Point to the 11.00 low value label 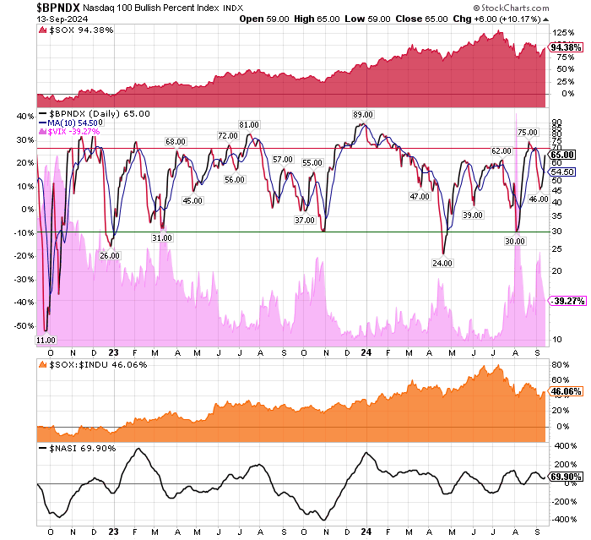click(x=46, y=339)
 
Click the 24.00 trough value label click(x=442, y=263)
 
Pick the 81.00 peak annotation click(x=248, y=125)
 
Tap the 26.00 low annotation click(x=110, y=254)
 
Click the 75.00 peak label click(x=527, y=133)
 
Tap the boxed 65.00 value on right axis click(x=561, y=155)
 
